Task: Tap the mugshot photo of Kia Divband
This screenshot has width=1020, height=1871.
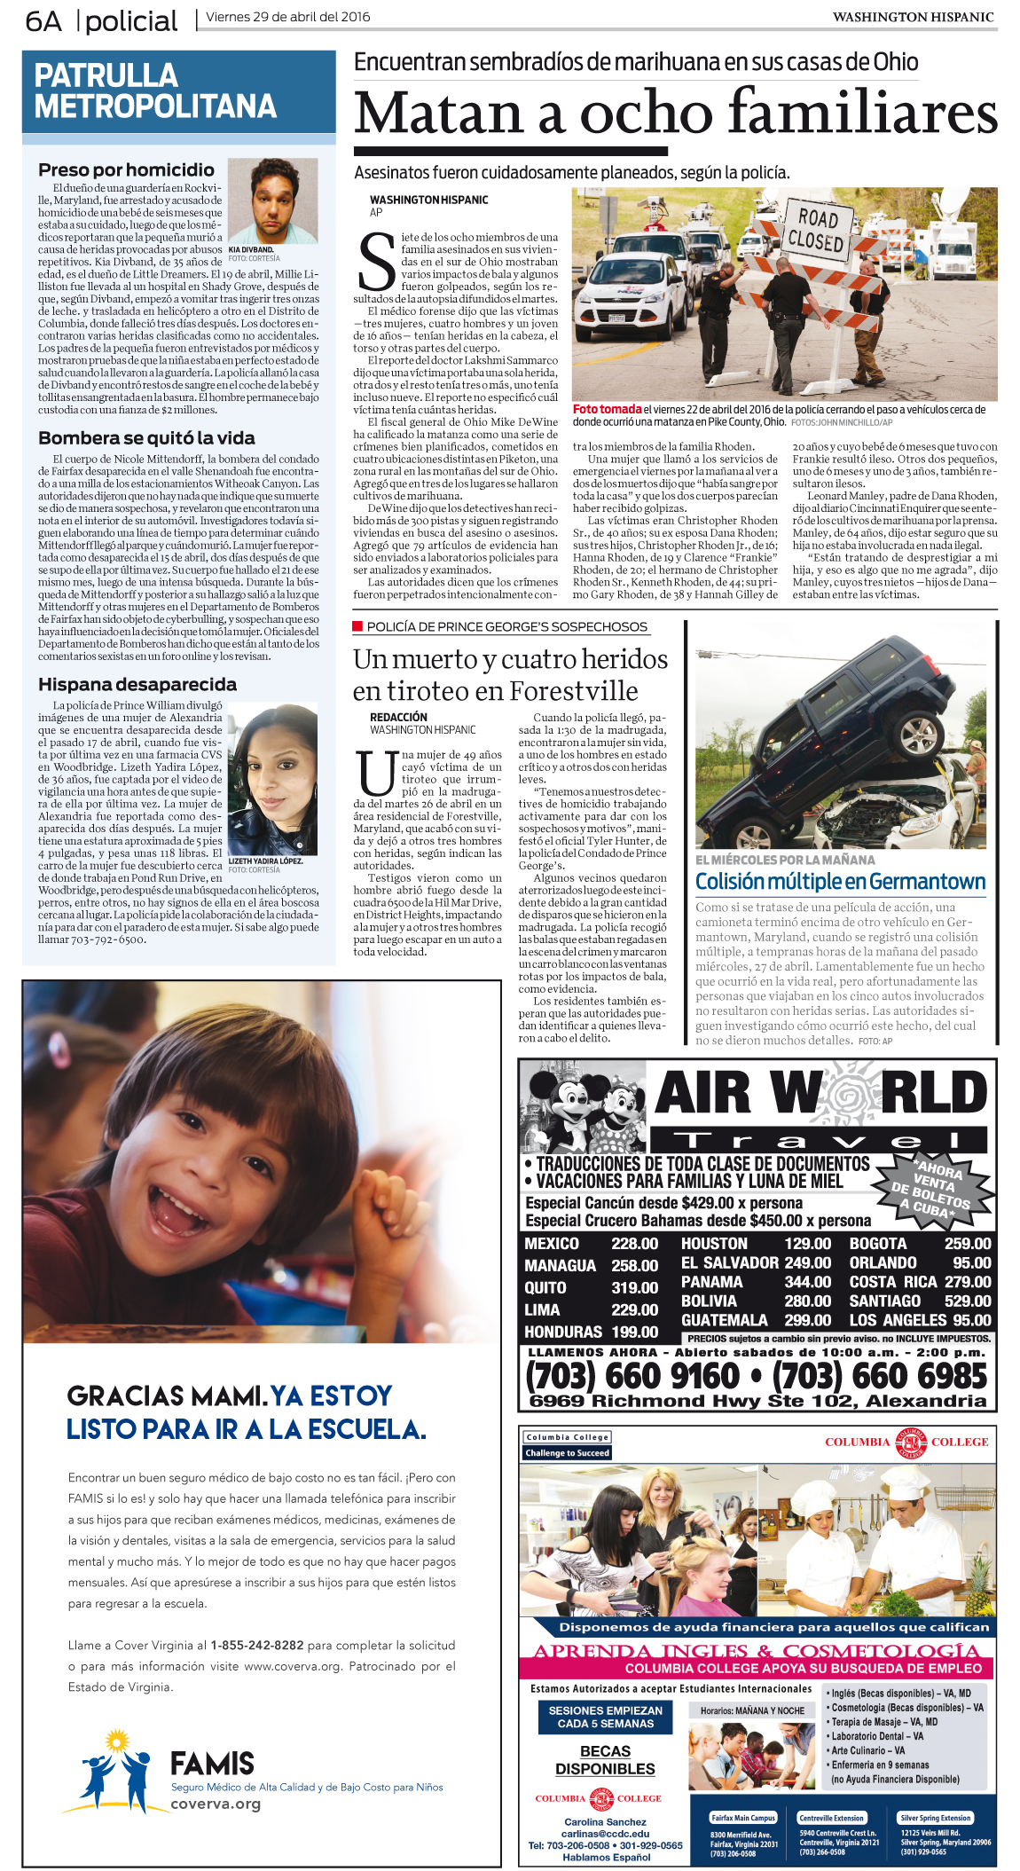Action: pyautogui.click(x=272, y=200)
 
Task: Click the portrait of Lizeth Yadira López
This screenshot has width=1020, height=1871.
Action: pyautogui.click(x=272, y=780)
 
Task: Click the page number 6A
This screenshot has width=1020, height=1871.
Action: pyautogui.click(x=43, y=20)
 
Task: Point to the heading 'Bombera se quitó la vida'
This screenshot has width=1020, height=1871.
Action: pyautogui.click(x=146, y=438)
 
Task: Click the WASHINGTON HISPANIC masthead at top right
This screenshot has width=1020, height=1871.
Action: pyautogui.click(x=912, y=17)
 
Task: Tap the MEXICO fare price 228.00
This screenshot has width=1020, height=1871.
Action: pyautogui.click(x=634, y=1244)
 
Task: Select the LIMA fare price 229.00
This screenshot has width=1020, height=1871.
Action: pyautogui.click(x=634, y=1309)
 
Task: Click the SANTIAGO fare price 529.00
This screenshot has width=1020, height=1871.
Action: pyautogui.click(x=968, y=1301)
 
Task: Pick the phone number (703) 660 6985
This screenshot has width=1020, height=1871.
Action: pyautogui.click(x=879, y=1376)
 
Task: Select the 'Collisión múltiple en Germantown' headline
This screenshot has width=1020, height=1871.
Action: pyautogui.click(x=840, y=882)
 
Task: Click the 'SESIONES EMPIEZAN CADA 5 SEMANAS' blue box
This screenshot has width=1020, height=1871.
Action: pyautogui.click(x=605, y=1717)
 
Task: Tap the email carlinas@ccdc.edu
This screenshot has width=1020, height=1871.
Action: pyautogui.click(x=605, y=1834)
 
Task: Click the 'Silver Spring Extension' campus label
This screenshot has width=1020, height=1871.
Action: pyautogui.click(x=935, y=1818)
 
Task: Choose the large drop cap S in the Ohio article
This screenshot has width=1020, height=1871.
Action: pyautogui.click(x=376, y=263)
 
